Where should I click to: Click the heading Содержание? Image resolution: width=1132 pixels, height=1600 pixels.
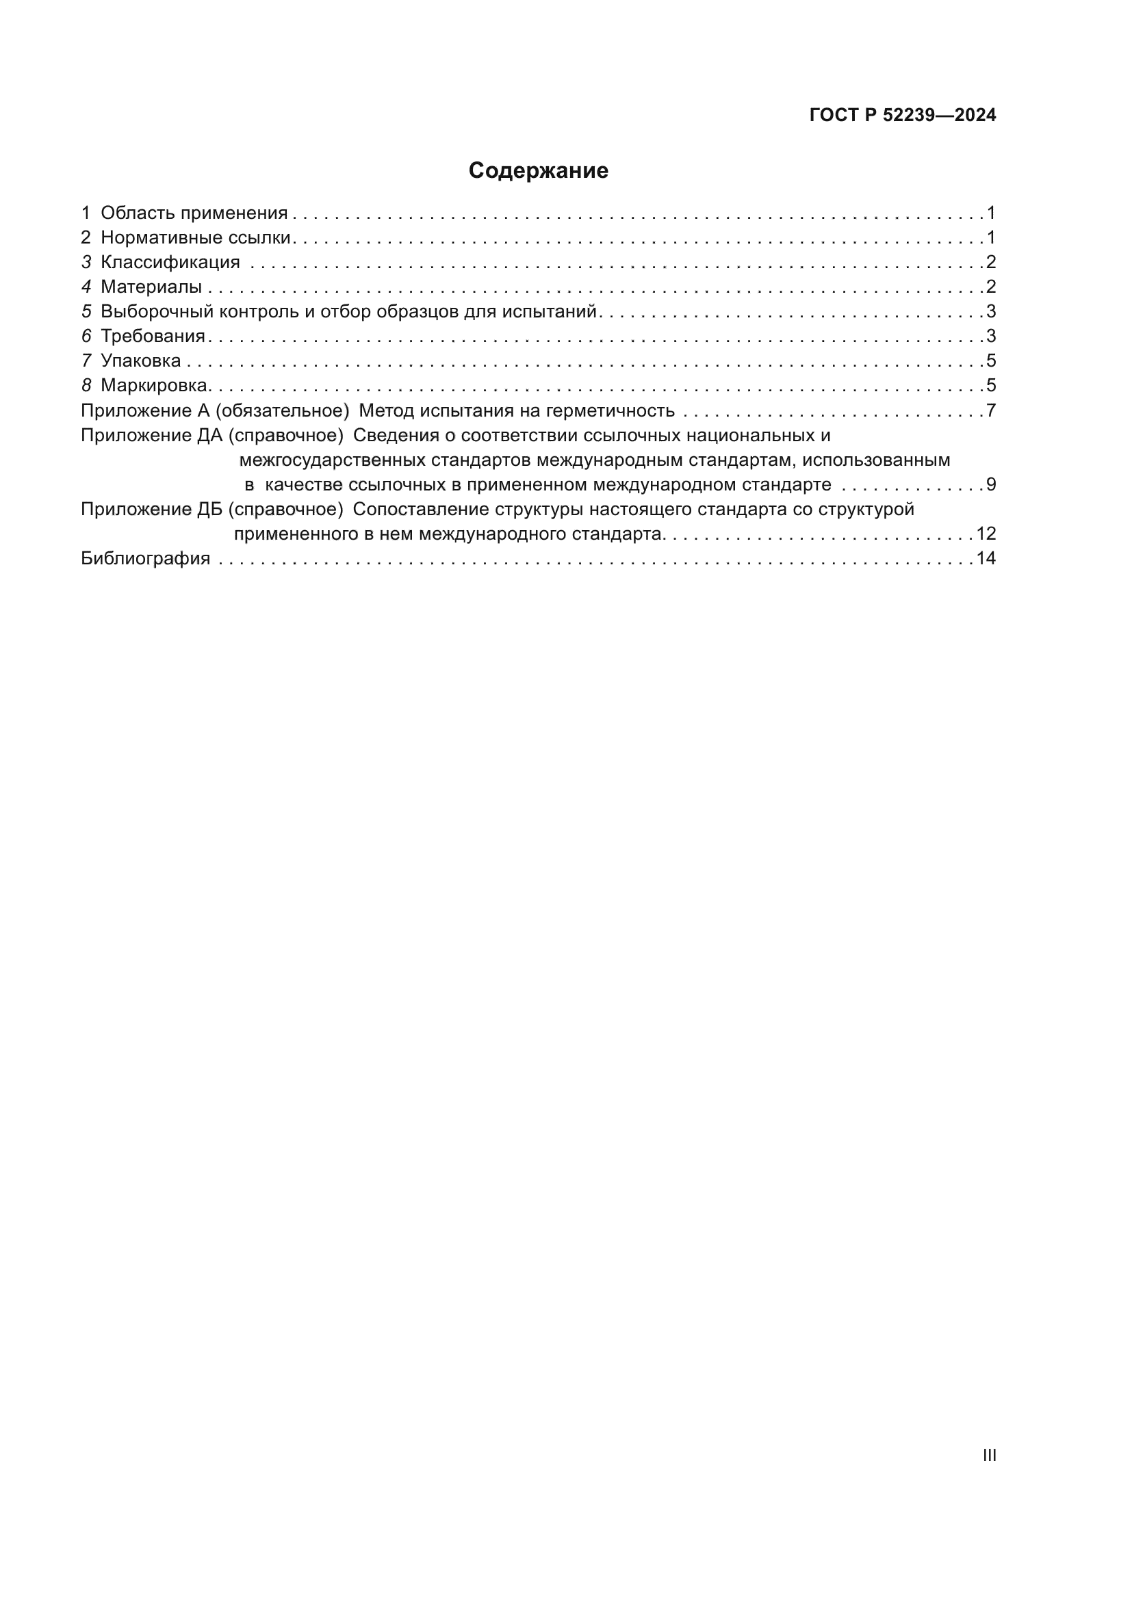pos(538,171)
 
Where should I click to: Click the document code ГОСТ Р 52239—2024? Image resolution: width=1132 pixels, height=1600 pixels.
pos(903,116)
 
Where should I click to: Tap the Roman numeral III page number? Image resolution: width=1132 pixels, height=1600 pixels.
pos(989,1455)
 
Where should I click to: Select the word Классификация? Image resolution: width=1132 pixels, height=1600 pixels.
pos(170,263)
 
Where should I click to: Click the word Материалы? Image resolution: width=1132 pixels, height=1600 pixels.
pos(151,287)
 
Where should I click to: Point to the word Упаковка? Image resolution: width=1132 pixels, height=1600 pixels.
pos(141,361)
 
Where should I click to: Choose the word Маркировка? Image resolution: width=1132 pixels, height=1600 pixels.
pos(155,385)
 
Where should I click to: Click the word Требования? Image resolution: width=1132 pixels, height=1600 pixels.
pos(153,337)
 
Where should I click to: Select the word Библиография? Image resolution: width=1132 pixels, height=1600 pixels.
pos(146,559)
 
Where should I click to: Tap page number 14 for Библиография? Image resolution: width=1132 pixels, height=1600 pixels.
pos(986,559)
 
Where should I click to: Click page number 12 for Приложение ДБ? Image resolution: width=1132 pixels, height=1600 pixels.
pos(986,534)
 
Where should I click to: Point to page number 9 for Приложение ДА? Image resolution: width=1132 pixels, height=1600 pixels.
pos(990,485)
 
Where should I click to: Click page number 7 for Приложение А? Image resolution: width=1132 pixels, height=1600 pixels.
pos(990,411)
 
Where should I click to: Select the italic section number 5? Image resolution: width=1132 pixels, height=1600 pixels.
pos(86,312)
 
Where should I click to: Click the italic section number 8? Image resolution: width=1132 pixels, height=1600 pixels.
pos(86,385)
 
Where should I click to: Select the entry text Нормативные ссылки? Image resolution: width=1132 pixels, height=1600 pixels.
pos(195,238)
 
